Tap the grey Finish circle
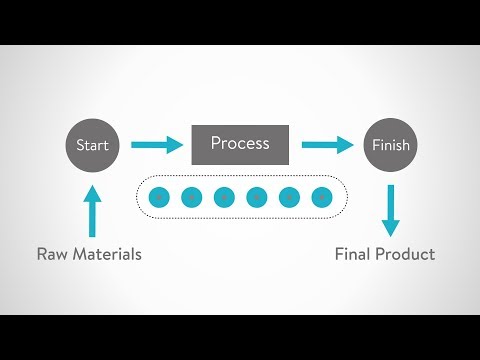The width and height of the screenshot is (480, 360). (x=389, y=145)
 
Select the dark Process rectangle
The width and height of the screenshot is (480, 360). (x=240, y=144)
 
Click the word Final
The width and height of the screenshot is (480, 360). (x=354, y=254)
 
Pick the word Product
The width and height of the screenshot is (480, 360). (x=406, y=254)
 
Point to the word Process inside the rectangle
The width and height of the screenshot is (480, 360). (x=240, y=143)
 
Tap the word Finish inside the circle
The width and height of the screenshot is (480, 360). (x=389, y=146)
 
